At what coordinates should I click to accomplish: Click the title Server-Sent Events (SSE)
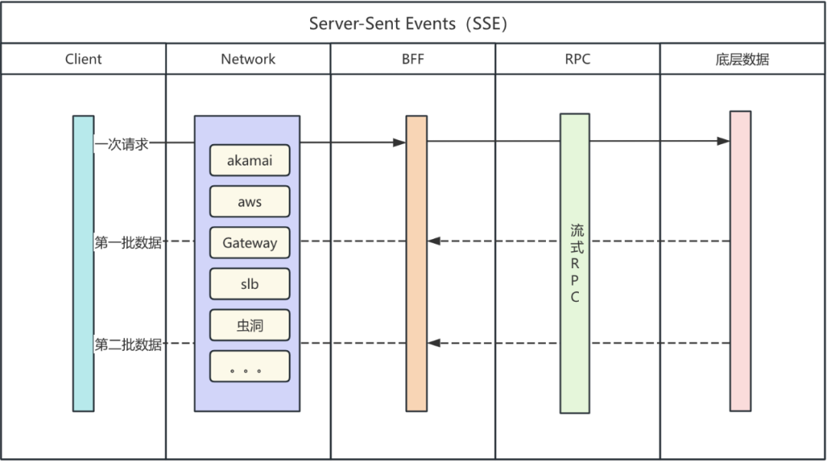(408, 23)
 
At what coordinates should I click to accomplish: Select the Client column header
(83, 59)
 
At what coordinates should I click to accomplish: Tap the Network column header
(248, 59)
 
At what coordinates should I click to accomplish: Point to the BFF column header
(413, 59)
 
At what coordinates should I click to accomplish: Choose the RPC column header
(577, 59)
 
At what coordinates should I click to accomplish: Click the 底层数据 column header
(742, 59)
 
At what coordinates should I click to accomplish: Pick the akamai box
(250, 161)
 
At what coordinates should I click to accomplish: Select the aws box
(250, 202)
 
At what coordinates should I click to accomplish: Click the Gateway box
(250, 243)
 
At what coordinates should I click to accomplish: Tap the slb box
(250, 284)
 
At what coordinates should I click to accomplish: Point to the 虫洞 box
(250, 326)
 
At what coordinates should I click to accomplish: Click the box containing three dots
(250, 367)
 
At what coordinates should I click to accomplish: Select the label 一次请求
(122, 143)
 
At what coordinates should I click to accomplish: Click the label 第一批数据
(128, 242)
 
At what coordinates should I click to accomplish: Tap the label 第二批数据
(128, 344)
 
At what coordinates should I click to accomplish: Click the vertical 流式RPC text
(577, 263)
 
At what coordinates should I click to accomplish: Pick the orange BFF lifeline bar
(416, 306)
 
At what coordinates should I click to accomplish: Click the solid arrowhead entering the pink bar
(724, 142)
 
